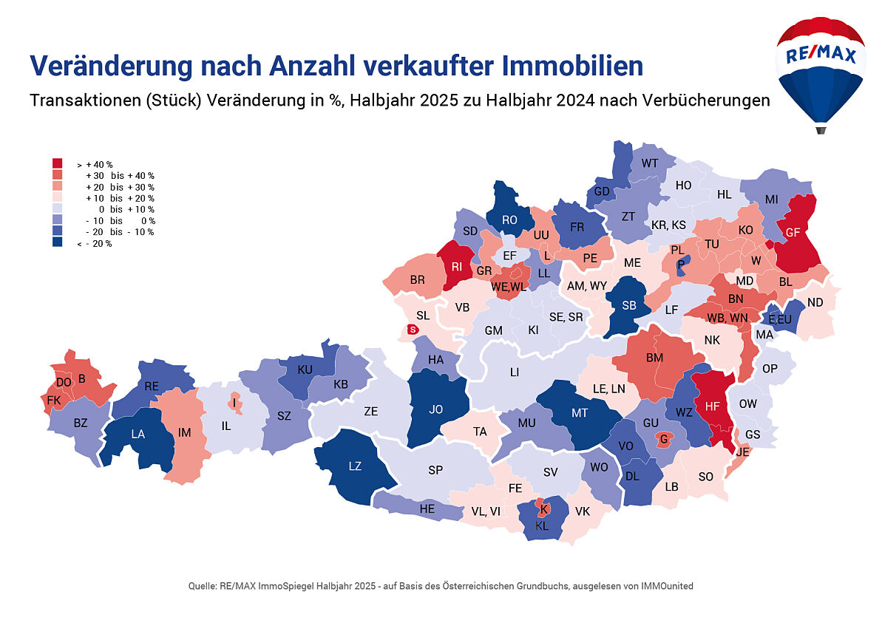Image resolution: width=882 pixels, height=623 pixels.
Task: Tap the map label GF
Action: pos(793,232)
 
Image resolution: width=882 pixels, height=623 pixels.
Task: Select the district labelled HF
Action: pos(713,406)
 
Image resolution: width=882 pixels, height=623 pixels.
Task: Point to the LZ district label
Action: pos(355,466)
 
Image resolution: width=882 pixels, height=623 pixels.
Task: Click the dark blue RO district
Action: pos(509,219)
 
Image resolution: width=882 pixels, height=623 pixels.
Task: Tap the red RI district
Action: pos(457,268)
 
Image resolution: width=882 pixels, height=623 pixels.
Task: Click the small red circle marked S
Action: pos(413,330)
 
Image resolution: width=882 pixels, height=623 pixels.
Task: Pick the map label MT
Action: pos(580,413)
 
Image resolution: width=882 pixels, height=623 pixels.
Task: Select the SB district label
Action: pos(629,306)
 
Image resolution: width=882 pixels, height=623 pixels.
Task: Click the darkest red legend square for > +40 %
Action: pos(57,163)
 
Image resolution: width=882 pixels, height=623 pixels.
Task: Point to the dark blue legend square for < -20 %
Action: pos(57,243)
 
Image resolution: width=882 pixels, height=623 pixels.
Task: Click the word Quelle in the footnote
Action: pos(203,586)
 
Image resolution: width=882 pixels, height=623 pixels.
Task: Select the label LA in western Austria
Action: pos(138,435)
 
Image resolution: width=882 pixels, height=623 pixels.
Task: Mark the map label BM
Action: pos(654,358)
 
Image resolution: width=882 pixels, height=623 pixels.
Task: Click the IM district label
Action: pos(185,432)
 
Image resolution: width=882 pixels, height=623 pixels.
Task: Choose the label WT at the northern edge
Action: pos(650,163)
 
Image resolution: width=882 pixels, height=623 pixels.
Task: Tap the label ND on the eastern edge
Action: pos(815,302)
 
